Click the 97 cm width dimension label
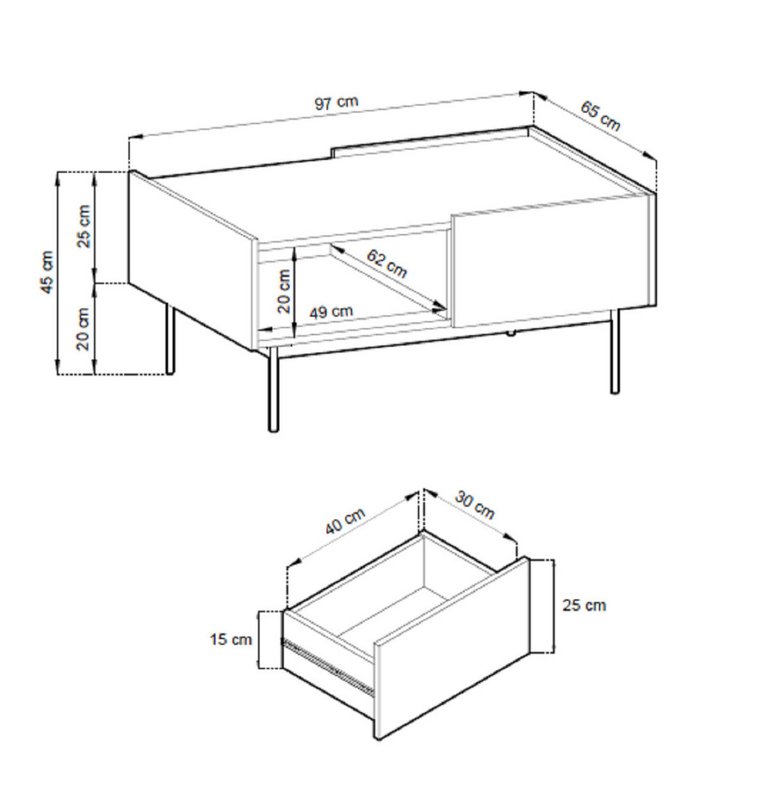pos(336,102)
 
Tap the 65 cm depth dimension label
pos(600,116)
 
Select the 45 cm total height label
pos(47,272)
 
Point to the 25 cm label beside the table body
pos(84,226)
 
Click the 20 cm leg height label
pos(83,329)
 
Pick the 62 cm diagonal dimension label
pos(387,263)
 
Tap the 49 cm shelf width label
pos(331,312)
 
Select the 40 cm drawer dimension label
pos(345,522)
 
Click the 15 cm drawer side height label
pos(231,639)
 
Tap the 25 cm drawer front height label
pos(584,605)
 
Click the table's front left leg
pos(274,390)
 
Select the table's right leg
pos(614,352)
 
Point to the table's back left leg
pos(170,339)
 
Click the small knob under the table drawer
pos(511,333)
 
